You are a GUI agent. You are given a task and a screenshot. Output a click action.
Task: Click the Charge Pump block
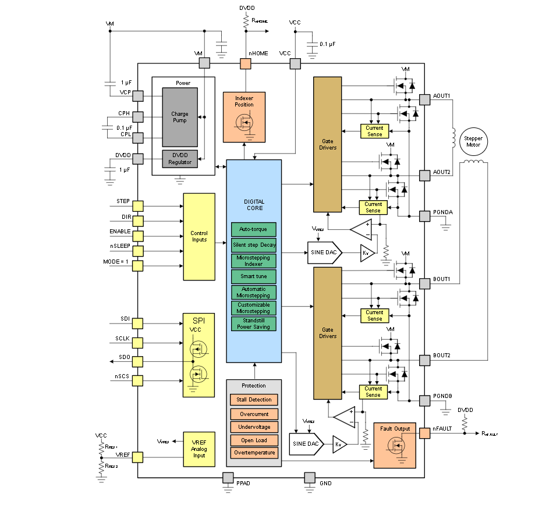point(179,117)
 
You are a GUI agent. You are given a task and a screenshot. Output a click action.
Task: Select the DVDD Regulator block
point(179,158)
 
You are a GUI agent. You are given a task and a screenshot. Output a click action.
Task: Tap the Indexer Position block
point(244,116)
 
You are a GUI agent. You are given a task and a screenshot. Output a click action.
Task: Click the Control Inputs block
point(199,236)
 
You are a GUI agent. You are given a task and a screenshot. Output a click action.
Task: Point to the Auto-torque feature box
point(253,229)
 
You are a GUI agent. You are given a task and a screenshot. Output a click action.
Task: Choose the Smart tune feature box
point(253,276)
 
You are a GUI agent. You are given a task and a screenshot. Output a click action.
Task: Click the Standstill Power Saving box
point(253,324)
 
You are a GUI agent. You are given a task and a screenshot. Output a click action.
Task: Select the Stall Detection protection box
point(254,400)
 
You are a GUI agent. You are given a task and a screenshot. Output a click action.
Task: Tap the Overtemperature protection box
point(254,452)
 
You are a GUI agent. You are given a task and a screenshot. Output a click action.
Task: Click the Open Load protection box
point(254,440)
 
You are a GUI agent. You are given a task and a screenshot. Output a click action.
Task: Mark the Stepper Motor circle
point(473,141)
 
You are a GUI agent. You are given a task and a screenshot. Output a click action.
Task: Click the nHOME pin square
point(246,63)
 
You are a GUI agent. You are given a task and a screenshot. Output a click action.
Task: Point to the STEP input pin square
point(138,206)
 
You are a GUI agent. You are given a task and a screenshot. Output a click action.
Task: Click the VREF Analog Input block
point(199,447)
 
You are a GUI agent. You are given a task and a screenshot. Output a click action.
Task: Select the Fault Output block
point(395,445)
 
